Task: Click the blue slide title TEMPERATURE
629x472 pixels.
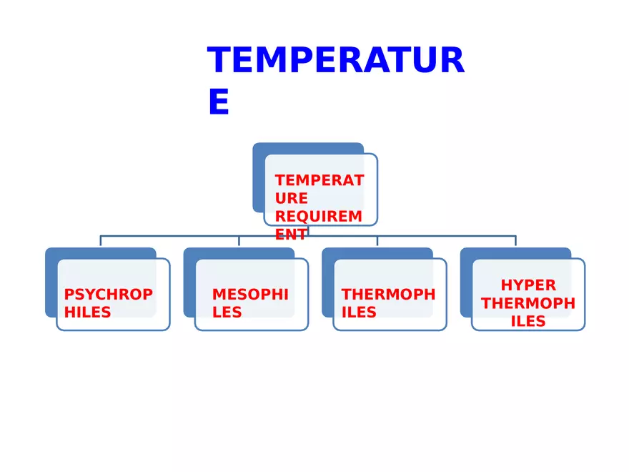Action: pos(336,61)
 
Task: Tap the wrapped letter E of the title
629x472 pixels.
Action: pos(218,102)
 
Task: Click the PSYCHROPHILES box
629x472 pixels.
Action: pos(113,294)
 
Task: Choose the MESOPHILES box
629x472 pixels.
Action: pos(251,294)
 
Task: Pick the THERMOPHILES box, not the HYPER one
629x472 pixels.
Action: pos(390,294)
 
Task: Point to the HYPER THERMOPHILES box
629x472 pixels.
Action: pos(528,294)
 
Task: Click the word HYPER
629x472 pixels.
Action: pos(528,285)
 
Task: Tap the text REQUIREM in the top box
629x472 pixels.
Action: pos(319,216)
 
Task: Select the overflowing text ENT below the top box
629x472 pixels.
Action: pos(291,234)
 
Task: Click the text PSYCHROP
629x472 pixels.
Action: pos(108,294)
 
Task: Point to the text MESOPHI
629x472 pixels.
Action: pos(250,294)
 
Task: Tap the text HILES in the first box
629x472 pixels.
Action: pos(87,313)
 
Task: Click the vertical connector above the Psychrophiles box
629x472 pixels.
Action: pos(100,241)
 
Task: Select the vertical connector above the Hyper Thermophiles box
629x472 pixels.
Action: pos(515,241)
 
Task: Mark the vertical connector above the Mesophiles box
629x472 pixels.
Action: pos(239,241)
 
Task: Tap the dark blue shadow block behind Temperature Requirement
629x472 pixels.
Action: pos(259,179)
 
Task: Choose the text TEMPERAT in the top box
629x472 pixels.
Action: pos(319,180)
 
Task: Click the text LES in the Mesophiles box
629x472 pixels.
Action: pos(227,313)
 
